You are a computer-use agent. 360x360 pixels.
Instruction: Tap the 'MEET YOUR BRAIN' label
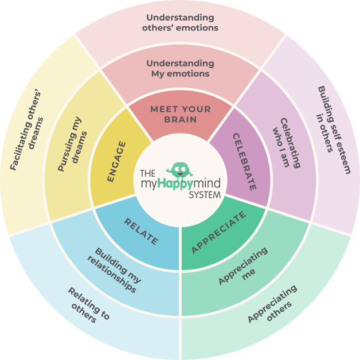[x=181, y=114]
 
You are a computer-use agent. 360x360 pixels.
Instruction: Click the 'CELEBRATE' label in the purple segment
[x=245, y=162]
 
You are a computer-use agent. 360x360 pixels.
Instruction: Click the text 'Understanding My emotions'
[x=180, y=68]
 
